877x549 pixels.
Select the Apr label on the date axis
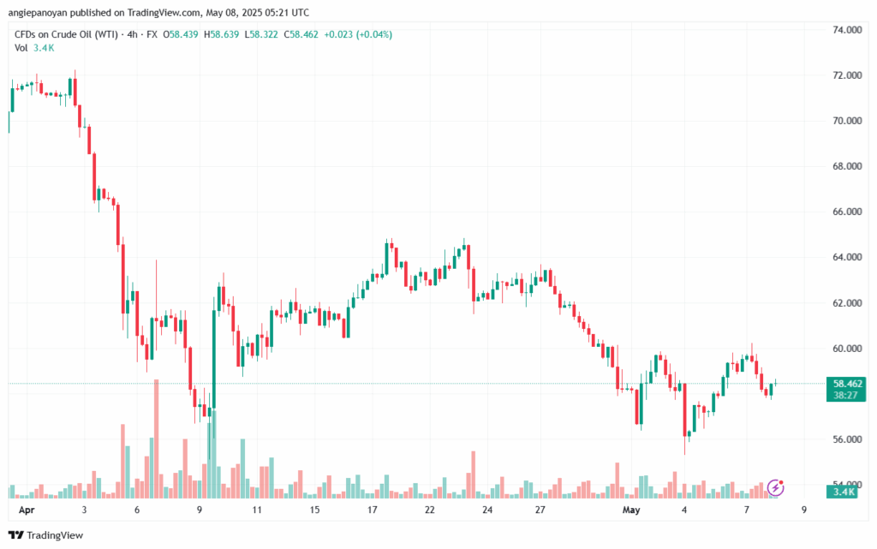click(27, 510)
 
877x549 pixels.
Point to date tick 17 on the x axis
click(373, 510)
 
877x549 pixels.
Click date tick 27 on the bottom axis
click(540, 510)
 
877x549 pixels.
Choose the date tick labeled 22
click(430, 510)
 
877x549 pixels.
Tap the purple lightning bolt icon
click(776, 487)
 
